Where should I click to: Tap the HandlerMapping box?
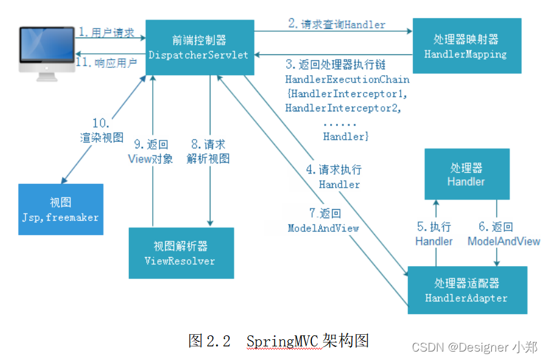(465, 47)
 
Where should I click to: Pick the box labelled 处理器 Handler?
(465, 174)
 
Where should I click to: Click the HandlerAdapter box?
(466, 290)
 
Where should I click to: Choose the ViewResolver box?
(180, 253)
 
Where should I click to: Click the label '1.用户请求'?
(107, 32)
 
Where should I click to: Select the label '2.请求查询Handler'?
(337, 25)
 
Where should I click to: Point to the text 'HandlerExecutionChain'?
(347, 79)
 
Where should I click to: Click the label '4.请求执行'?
(334, 170)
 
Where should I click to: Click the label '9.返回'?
(150, 144)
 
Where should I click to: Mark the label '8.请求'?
(208, 144)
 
